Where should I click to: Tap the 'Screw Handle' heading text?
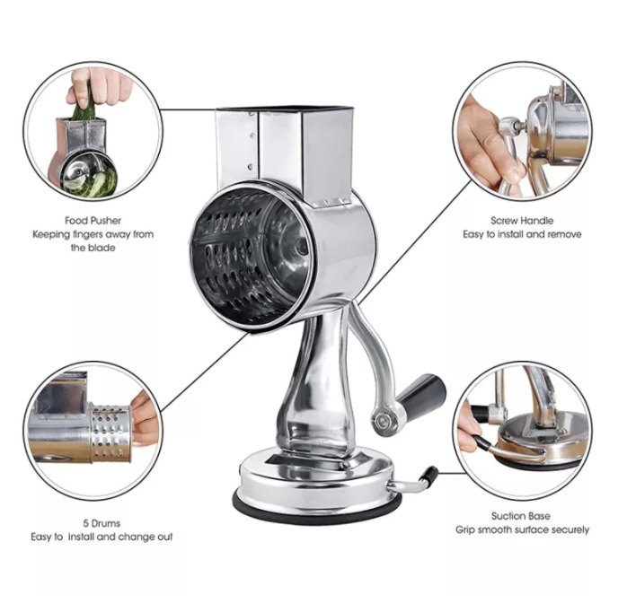point(521,220)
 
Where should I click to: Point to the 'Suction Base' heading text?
point(521,516)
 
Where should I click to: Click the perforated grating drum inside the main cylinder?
point(241,256)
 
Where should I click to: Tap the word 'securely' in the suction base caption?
point(566,529)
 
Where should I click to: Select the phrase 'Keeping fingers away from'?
point(93,234)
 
